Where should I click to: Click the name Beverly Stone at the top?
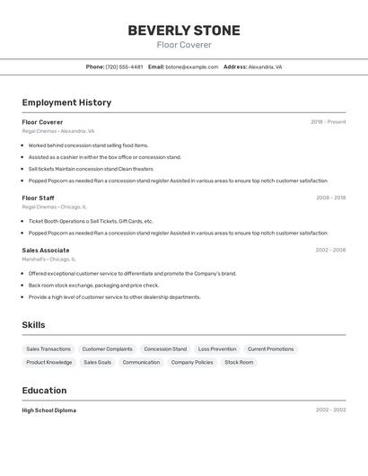(x=183, y=31)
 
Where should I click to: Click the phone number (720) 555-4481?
(x=124, y=66)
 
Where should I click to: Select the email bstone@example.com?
(x=192, y=66)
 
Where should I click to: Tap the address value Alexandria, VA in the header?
(x=265, y=66)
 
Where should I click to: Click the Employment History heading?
(x=66, y=102)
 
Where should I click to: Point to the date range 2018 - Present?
(x=328, y=122)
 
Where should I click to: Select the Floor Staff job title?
(x=38, y=198)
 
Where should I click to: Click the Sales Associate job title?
(x=46, y=250)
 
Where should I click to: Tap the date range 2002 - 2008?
(x=330, y=250)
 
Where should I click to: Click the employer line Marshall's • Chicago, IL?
(x=48, y=259)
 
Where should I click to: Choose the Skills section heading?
(x=33, y=325)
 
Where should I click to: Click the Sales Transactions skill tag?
(x=48, y=348)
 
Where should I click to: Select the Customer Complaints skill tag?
(x=107, y=348)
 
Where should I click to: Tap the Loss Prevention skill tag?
(x=217, y=348)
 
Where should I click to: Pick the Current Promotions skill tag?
(x=270, y=348)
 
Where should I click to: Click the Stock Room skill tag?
(x=239, y=362)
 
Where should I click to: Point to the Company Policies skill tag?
(x=192, y=362)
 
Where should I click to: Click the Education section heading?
(x=44, y=391)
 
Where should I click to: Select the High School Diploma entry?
(x=49, y=410)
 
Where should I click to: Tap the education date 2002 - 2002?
(x=330, y=410)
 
